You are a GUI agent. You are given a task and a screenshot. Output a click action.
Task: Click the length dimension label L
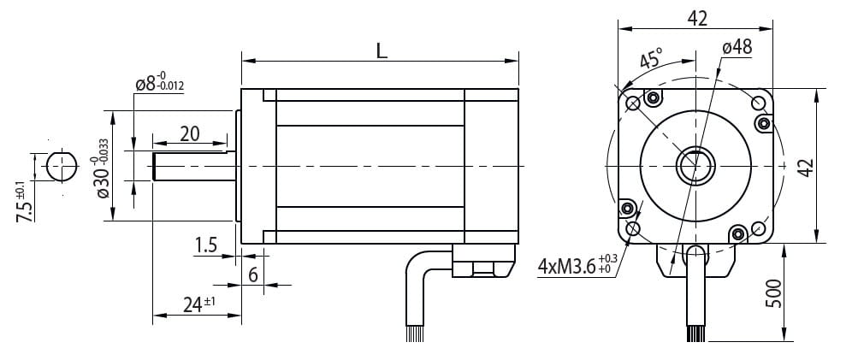tap(382, 50)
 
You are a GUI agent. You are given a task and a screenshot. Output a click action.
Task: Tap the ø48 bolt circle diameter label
tap(737, 48)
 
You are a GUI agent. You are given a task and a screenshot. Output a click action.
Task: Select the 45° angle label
tap(651, 57)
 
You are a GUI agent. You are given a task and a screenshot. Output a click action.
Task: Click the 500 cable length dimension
tap(773, 293)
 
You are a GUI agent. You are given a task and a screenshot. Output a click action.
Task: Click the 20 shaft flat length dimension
tap(190, 133)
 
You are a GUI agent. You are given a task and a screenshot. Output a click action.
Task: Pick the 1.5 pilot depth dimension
tap(206, 245)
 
